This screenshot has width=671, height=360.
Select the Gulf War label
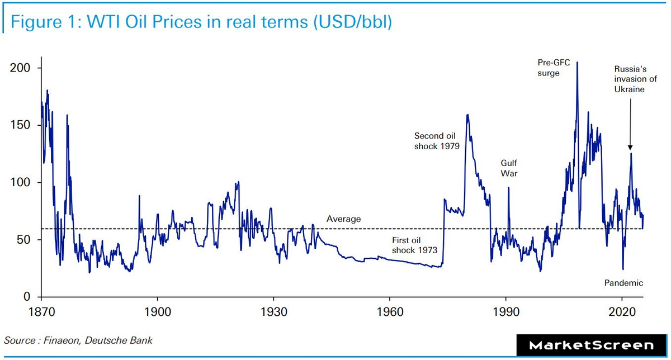[509, 168]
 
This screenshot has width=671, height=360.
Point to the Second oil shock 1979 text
[437, 141]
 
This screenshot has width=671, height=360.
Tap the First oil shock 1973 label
[414, 245]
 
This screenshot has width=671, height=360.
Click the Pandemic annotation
[623, 283]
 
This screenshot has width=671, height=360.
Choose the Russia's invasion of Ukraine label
[630, 79]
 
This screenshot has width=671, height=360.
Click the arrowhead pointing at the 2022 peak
[630, 148]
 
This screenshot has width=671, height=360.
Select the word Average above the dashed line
[344, 219]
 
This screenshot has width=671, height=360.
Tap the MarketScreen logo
[592, 345]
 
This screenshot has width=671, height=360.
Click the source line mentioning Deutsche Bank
[78, 340]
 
